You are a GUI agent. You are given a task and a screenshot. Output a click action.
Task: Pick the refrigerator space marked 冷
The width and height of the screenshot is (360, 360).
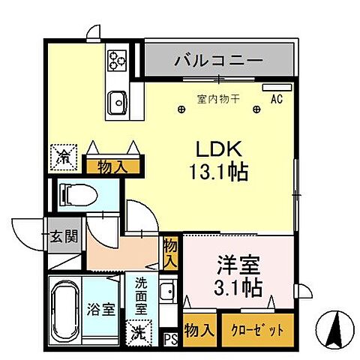pyautogui.click(x=65, y=157)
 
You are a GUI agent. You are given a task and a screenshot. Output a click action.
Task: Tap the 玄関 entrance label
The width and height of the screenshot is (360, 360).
pyautogui.click(x=63, y=238)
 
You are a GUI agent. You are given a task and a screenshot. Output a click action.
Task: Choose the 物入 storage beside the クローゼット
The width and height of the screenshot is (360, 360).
pyautogui.click(x=199, y=329)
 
